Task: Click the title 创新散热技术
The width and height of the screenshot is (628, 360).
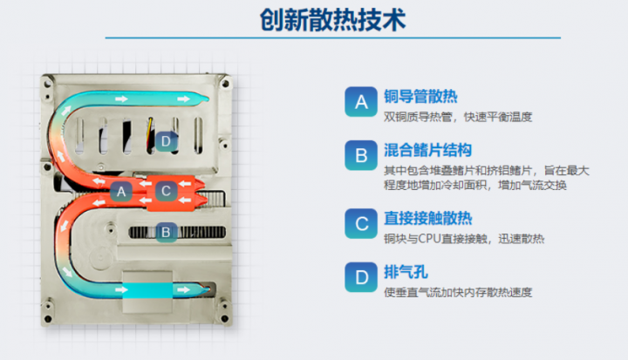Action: click(333, 19)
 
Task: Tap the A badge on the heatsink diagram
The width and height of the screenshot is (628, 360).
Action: click(121, 192)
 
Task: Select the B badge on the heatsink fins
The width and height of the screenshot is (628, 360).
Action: click(166, 232)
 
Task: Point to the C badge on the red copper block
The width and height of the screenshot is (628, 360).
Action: click(166, 191)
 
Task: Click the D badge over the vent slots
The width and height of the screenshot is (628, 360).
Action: click(166, 141)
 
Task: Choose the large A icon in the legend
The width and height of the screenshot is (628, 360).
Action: click(361, 102)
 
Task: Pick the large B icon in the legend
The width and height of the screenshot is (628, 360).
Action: click(361, 155)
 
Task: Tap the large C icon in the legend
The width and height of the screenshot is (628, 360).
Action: click(361, 223)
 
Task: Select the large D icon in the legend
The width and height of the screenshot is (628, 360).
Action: click(361, 277)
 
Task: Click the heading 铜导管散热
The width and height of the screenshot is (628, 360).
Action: click(420, 97)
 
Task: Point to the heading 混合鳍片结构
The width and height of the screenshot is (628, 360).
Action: click(427, 150)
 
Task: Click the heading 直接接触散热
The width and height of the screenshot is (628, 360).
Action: click(427, 218)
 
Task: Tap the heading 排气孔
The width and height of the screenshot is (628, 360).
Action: click(406, 272)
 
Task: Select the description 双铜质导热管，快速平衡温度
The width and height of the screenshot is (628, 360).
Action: click(458, 117)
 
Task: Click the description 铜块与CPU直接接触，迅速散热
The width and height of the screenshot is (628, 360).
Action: click(464, 239)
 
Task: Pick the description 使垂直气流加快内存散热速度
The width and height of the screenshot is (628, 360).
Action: click(458, 292)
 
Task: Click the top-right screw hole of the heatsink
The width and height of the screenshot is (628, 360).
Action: click(225, 84)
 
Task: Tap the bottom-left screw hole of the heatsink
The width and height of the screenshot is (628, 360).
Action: click(48, 319)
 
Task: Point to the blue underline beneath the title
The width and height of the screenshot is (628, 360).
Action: click(333, 38)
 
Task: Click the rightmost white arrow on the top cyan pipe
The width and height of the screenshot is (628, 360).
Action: click(183, 98)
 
